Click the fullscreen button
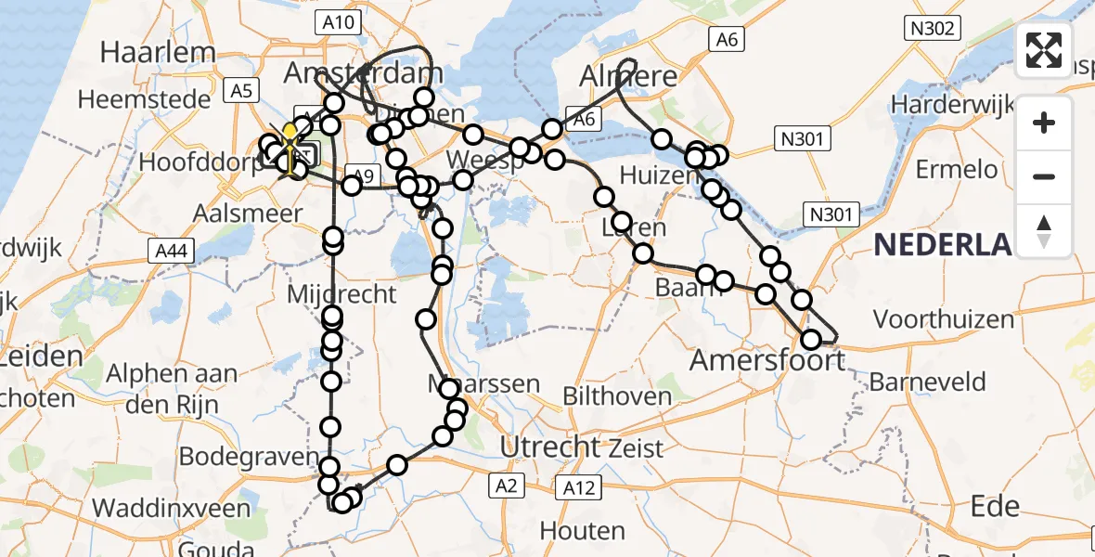pos(1044,50)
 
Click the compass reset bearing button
pos(1044,230)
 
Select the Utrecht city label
pos(550,447)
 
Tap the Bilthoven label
pos(617,396)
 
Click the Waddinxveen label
pos(172,508)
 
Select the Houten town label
pos(583,531)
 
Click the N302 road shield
pos(933,29)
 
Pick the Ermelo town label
pos(957,170)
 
